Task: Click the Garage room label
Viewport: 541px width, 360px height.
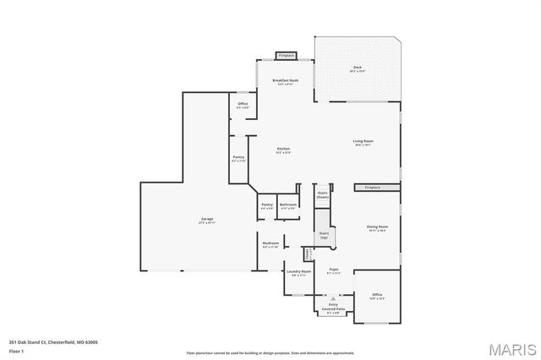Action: (206, 221)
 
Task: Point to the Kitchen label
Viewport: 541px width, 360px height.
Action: (283, 150)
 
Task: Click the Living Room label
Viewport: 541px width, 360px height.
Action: (363, 143)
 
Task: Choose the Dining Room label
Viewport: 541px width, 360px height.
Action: (377, 228)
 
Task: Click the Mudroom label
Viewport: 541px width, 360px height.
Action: (270, 244)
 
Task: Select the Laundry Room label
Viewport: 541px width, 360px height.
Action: (300, 273)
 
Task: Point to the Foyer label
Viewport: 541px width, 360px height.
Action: (333, 271)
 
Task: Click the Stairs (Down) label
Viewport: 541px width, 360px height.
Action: (322, 194)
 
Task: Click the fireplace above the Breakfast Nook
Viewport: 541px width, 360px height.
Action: (286, 55)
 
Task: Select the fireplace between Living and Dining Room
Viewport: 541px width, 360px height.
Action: (372, 187)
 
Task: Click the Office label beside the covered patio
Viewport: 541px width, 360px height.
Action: (377, 297)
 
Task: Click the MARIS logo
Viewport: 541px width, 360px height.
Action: (510, 347)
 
